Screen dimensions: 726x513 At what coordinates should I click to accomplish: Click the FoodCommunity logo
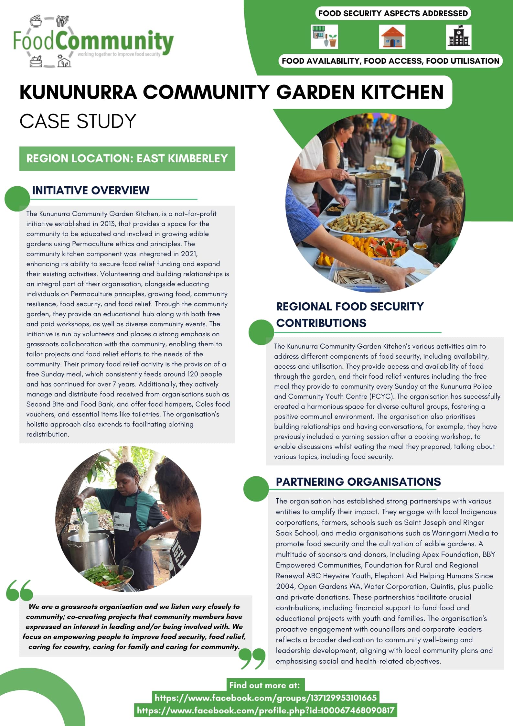tap(93, 41)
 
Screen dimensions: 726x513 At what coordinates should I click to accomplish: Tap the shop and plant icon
tap(324, 37)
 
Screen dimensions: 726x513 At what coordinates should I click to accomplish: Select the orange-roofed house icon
tap(392, 37)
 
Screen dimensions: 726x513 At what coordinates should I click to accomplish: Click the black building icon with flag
tap(459, 37)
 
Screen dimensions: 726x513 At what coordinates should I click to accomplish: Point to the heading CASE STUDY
tap(78, 121)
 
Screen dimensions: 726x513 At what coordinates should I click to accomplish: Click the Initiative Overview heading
tap(91, 190)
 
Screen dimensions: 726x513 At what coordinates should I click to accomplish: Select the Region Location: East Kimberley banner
tap(127, 158)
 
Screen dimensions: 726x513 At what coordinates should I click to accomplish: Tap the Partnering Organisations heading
tap(358, 482)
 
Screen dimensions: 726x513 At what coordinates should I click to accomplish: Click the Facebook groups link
tap(265, 698)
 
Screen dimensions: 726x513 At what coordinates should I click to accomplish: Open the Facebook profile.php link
tap(265, 710)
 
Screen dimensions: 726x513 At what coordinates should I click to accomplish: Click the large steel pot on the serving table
tap(372, 192)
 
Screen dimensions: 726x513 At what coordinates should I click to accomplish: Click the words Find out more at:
tap(264, 685)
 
